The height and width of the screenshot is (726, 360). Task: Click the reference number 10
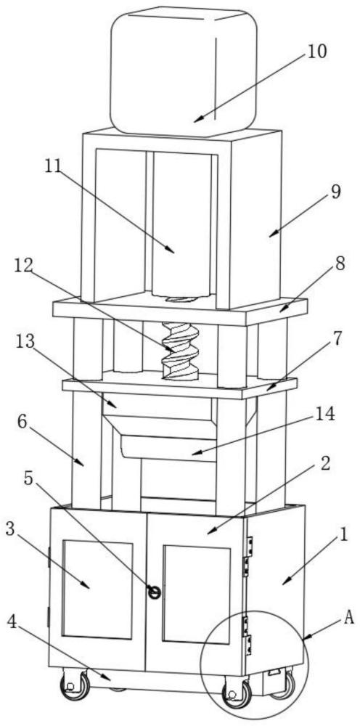point(316,52)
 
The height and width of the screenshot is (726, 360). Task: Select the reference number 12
point(24,265)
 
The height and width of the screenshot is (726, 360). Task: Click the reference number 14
point(324,415)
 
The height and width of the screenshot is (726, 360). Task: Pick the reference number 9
point(335,192)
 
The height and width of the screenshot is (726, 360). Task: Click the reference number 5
point(28,478)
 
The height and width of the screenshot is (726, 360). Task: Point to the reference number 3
point(10,529)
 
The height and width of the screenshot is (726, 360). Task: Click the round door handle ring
point(154,591)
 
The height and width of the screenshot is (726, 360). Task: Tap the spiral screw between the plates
point(181,351)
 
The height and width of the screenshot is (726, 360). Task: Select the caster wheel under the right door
point(237,693)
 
